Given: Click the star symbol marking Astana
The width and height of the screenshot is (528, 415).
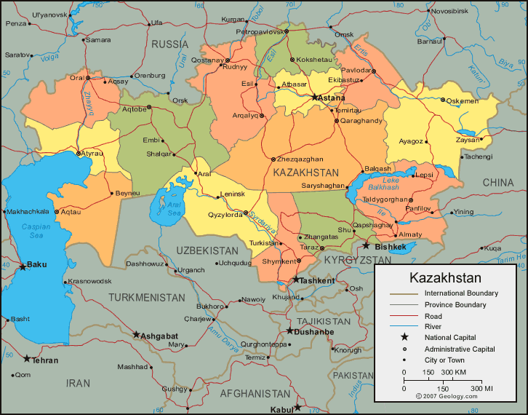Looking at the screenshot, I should tap(315, 97).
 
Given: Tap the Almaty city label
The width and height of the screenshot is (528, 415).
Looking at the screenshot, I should tap(410, 234).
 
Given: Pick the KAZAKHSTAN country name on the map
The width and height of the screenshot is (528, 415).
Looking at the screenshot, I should tap(306, 173).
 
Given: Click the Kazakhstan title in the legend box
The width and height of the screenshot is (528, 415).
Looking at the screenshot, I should tap(445, 278).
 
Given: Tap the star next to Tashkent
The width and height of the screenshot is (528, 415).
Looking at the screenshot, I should tap(296, 280).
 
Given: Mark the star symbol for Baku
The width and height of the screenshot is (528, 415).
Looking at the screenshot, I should tap(23, 266).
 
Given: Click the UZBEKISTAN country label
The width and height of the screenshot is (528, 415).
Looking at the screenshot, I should tap(207, 250).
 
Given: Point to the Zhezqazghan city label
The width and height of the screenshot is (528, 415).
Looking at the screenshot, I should tap(300, 159).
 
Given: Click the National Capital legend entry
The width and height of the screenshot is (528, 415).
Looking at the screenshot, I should tap(450, 337).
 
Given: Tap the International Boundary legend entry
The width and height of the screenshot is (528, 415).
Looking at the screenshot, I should tap(461, 293).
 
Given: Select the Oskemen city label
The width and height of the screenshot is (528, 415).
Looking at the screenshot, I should tap(462, 101).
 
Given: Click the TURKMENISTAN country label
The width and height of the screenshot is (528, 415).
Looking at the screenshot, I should tap(147, 297).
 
